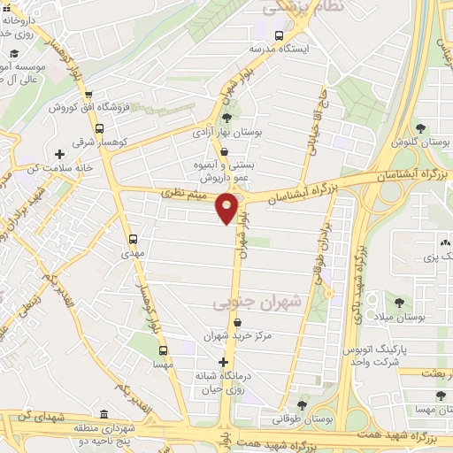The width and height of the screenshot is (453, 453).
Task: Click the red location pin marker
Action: pyautogui.click(x=227, y=208)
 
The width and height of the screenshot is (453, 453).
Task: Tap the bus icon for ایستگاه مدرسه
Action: pyautogui.click(x=279, y=36)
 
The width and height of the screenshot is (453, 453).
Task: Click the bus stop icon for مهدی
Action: pyautogui.click(x=134, y=239)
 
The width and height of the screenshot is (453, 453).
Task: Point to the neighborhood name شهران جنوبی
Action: pyautogui.click(x=269, y=303)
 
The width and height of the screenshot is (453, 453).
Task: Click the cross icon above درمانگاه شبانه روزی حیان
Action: pyautogui.click(x=224, y=363)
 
